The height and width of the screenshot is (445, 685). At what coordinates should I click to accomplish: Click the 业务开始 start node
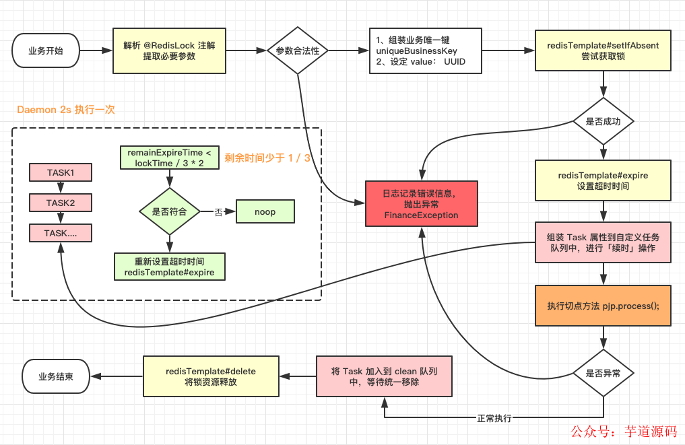pos(46,51)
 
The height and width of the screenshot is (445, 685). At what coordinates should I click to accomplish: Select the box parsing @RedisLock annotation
pos(169,51)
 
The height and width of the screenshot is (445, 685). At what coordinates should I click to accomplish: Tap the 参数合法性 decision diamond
pos(297,51)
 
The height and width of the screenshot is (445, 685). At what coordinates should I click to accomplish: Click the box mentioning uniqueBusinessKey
pos(425,51)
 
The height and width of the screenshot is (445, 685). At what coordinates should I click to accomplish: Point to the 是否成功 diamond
pos(604,121)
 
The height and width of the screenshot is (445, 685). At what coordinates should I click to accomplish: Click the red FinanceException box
pos(421,204)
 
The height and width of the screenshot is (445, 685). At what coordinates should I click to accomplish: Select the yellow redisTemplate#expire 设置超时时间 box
pos(604,180)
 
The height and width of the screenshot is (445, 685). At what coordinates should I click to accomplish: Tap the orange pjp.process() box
pos(604,306)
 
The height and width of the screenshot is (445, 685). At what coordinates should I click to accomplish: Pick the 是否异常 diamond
pos(604,372)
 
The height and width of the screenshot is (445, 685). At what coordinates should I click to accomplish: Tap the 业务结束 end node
pos(56,377)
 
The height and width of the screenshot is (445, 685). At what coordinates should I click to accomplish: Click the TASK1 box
pos(61,172)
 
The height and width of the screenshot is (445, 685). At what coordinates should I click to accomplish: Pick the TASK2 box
pos(61,203)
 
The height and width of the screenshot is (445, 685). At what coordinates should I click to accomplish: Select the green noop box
pos(265,211)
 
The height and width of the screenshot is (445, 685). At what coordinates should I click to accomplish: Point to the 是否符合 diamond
pos(170,211)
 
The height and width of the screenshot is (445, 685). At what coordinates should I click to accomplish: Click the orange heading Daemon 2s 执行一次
pos(65,109)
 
